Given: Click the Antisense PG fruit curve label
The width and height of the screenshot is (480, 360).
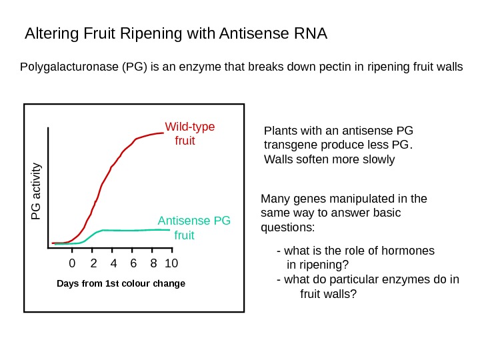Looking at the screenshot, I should [x=193, y=227].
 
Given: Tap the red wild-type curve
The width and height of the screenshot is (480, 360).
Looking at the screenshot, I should [x=107, y=177].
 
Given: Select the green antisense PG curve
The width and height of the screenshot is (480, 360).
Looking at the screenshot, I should [x=133, y=230].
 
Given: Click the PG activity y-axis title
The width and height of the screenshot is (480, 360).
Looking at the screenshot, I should [x=37, y=191].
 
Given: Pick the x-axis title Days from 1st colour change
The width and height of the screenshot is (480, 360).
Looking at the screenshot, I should [x=121, y=284].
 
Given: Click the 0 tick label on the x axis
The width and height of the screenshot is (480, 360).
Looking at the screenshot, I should [x=73, y=263].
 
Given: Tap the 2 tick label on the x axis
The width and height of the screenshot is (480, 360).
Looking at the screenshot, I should [x=93, y=263].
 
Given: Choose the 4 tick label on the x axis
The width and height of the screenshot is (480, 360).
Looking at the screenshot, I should [x=113, y=263].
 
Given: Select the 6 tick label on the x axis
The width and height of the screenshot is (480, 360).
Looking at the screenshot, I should [x=134, y=263].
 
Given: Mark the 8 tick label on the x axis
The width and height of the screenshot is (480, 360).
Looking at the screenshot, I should [x=154, y=263].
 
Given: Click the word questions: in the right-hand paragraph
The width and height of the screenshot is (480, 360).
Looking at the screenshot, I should [x=287, y=227].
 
